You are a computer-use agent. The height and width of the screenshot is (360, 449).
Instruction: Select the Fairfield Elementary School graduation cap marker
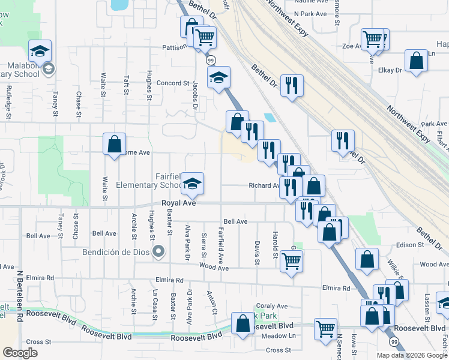192,184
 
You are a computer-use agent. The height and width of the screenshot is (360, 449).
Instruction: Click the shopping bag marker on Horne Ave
114,144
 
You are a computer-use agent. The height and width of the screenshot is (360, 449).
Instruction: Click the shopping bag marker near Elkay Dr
416,61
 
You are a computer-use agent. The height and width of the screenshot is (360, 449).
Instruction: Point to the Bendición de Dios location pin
158,251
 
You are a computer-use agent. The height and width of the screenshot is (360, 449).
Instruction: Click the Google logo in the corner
20,353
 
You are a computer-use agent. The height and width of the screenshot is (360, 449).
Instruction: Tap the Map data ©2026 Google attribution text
412,355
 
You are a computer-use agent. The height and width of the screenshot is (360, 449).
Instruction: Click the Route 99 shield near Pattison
211,60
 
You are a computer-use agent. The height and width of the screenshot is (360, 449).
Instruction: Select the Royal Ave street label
179,204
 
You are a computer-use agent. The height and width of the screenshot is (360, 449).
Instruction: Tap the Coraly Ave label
272,306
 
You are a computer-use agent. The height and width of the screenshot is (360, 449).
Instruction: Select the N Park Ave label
311,13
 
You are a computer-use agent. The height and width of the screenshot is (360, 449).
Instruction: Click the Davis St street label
257,253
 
